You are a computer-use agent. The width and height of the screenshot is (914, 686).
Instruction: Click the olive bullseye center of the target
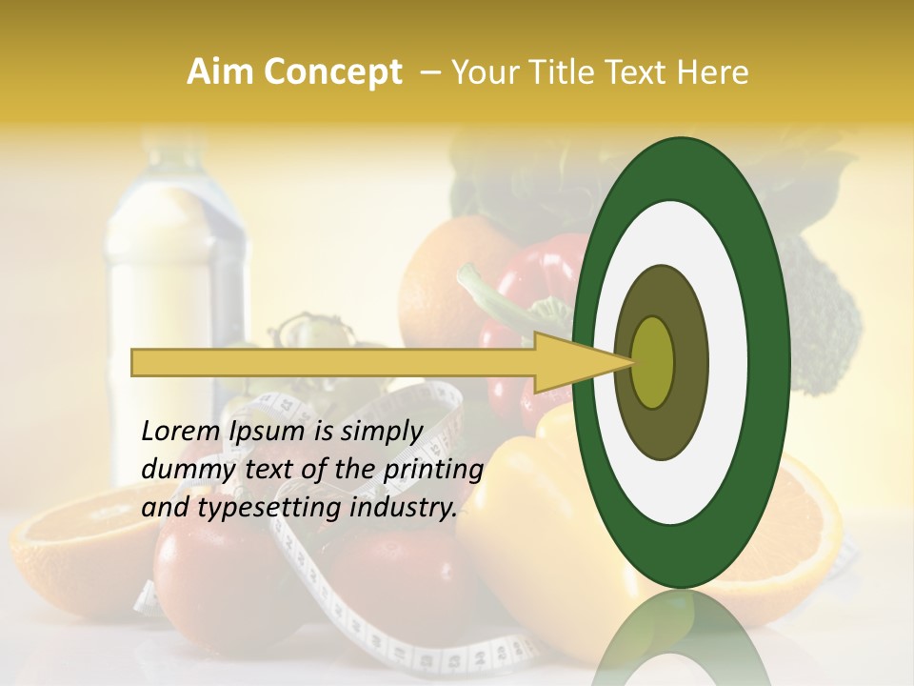pyautogui.click(x=653, y=362)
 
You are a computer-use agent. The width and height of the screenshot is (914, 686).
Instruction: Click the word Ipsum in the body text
pyautogui.click(x=268, y=432)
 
